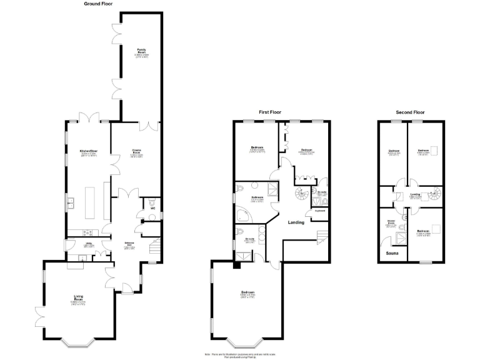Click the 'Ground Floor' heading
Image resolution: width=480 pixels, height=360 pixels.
[x=98, y=4]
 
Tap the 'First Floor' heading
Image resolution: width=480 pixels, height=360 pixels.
[x=271, y=112]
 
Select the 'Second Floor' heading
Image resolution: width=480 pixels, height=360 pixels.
[x=411, y=112]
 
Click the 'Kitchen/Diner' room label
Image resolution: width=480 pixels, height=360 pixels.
[x=88, y=152]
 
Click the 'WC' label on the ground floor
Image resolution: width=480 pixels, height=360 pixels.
[x=152, y=208]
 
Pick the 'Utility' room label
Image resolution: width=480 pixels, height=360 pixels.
[x=89, y=245]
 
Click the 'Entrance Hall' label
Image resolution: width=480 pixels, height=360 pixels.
[x=131, y=246]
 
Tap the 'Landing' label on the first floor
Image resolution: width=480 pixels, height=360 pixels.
[x=296, y=222]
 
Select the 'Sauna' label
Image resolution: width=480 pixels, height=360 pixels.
[x=392, y=254]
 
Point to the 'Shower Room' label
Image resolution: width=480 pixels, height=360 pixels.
[x=392, y=224]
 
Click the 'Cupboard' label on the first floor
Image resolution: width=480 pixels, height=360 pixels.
[x=319, y=211]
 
